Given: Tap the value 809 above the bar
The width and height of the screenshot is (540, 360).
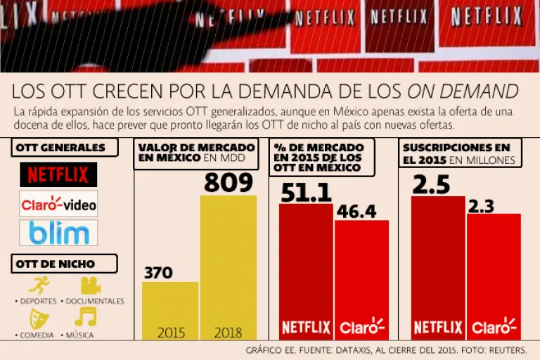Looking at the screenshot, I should (228, 183).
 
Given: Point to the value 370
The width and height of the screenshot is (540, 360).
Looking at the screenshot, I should (158, 272).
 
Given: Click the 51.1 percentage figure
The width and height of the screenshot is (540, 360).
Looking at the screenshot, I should (304, 192).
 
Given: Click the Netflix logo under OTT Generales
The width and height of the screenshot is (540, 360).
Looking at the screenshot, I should (58, 174).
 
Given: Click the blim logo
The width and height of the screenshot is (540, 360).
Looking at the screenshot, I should (58, 233).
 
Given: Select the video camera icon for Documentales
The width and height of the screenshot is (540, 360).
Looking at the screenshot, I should (89, 285).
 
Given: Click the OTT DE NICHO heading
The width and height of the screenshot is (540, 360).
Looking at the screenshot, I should (56, 264).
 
